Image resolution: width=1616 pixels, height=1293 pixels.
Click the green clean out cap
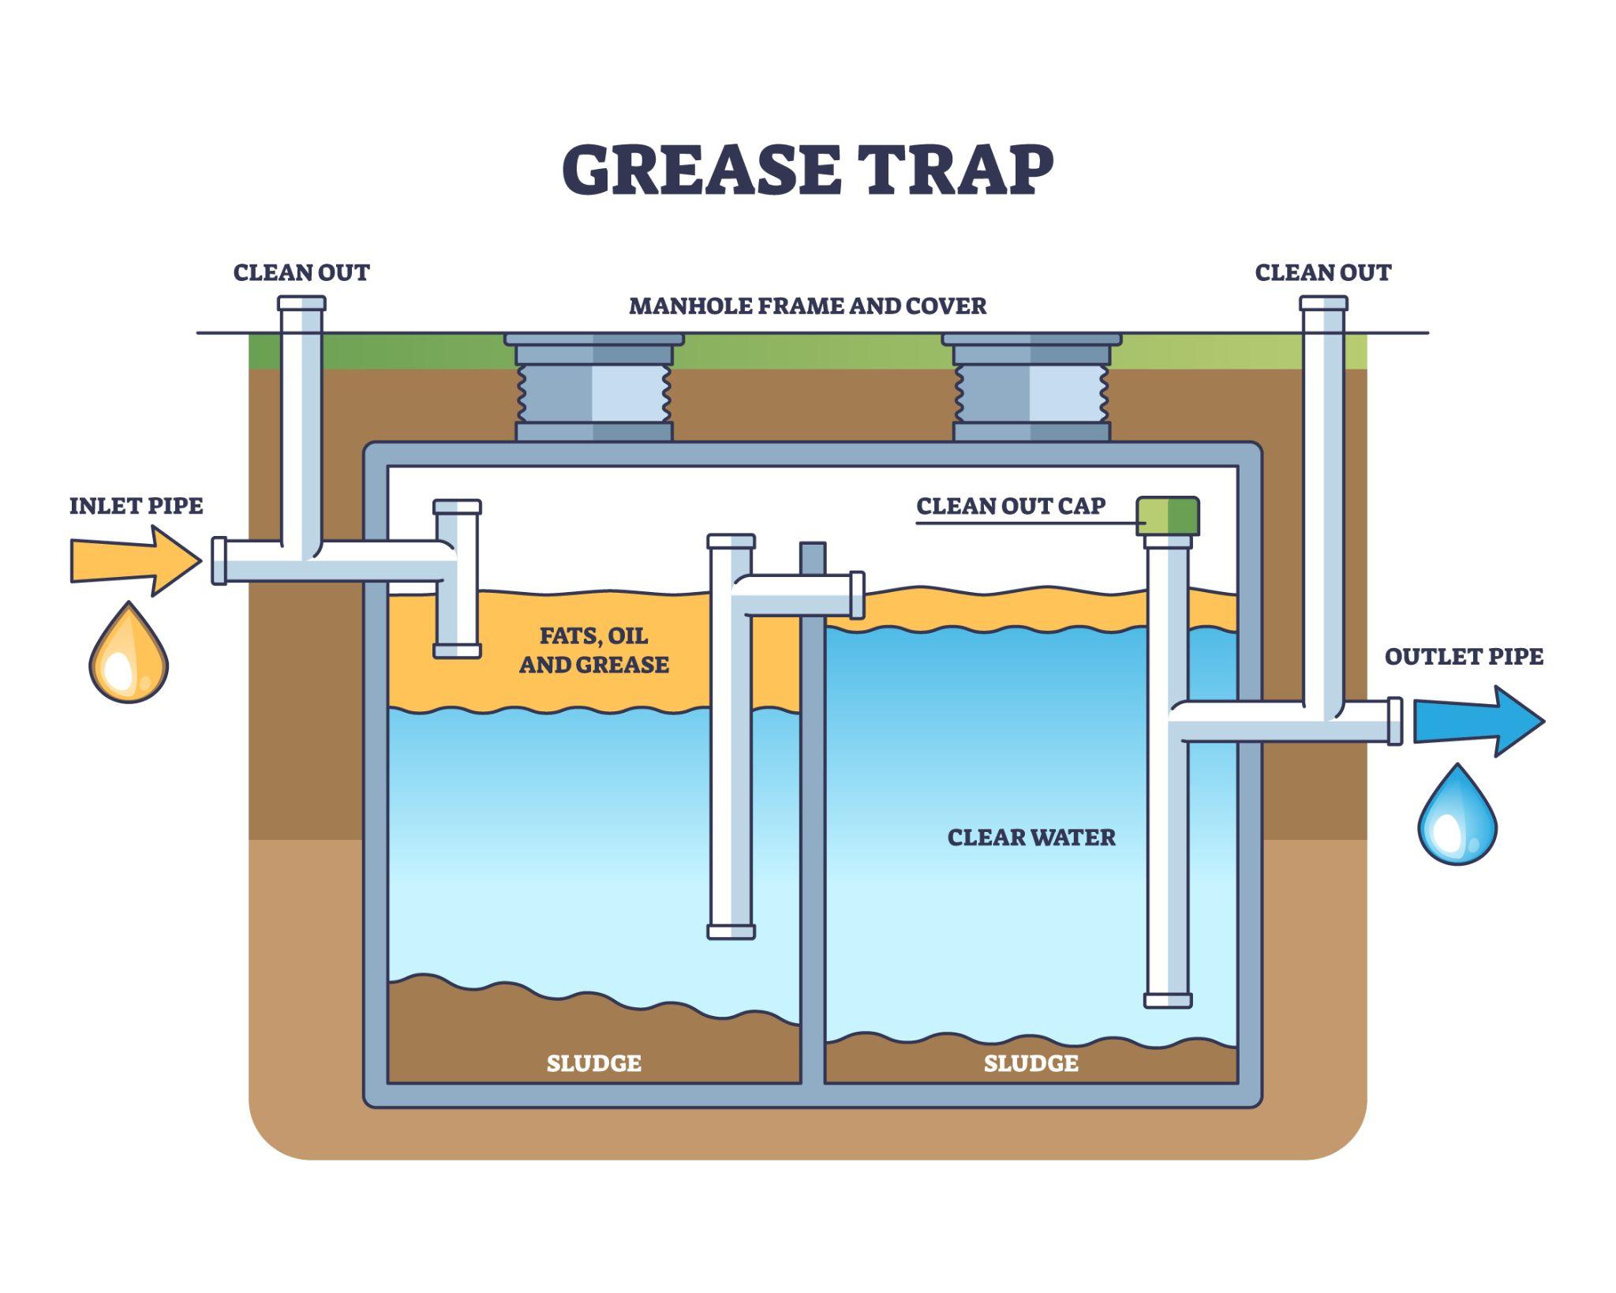click(x=1168, y=515)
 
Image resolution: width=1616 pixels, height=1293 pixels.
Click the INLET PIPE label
click(x=136, y=506)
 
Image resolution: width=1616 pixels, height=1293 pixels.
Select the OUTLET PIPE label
click(x=1464, y=657)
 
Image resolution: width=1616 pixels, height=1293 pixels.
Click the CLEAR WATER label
click(x=1031, y=838)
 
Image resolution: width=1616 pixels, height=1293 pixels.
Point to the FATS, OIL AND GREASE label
click(x=593, y=650)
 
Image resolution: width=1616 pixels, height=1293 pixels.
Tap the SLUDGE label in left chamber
click(x=593, y=1063)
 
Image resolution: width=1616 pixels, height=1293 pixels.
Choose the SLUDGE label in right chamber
click(x=1031, y=1063)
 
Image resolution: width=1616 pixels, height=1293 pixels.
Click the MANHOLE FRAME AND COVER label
click(x=807, y=306)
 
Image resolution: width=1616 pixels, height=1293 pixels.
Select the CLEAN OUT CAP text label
click(x=1011, y=506)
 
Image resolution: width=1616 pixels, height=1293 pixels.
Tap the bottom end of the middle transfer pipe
click(x=731, y=931)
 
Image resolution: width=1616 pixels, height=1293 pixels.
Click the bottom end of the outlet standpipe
click(x=1168, y=1001)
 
